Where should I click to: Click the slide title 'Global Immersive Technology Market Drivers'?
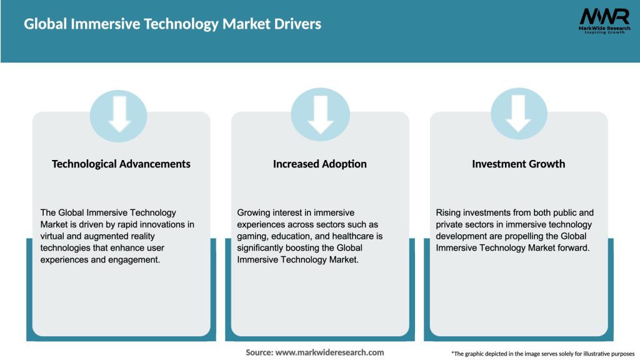coord(172,24)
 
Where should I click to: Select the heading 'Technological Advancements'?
coord(121,164)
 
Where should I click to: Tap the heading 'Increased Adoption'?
coord(320,164)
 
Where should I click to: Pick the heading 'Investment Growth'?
coord(518,164)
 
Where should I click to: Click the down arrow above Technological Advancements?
coord(119,113)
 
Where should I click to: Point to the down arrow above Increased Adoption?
coord(320,113)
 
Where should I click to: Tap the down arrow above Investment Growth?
coord(518,113)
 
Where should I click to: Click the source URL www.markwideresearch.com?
coord(329,352)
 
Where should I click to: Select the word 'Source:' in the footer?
coord(259,352)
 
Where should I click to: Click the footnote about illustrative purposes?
coord(542,354)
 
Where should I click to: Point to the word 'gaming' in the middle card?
coord(253,236)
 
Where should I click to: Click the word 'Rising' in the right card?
coord(449,213)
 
